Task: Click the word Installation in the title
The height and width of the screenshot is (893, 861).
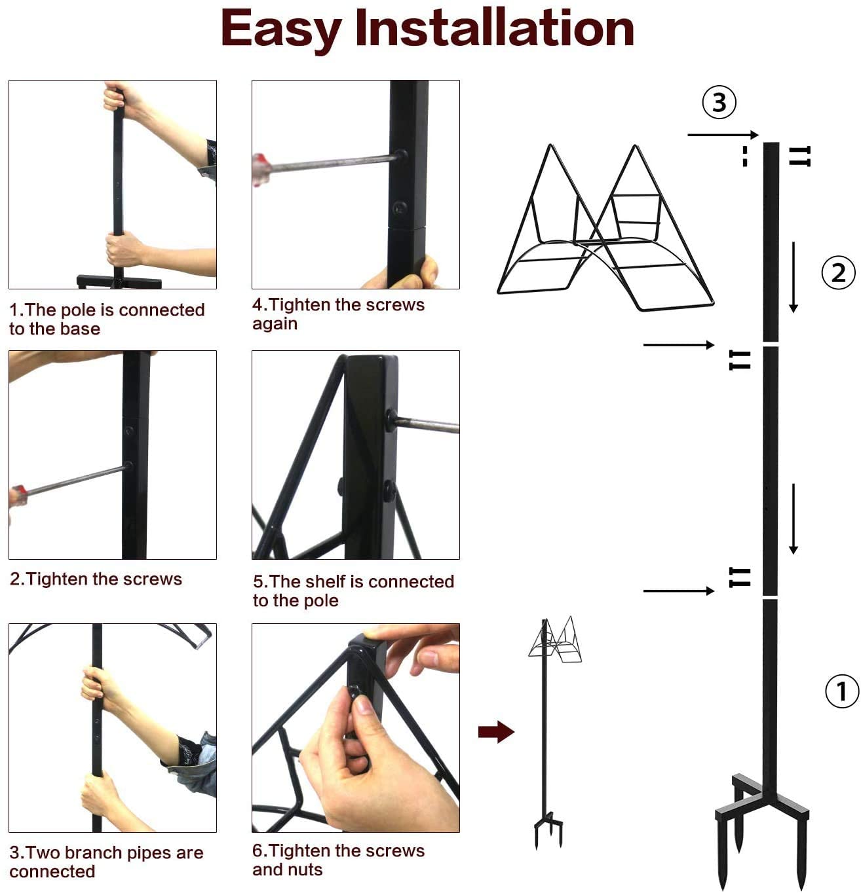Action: click(495, 28)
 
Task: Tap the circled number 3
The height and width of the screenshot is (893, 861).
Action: click(719, 103)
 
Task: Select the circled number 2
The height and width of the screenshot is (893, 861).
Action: click(838, 272)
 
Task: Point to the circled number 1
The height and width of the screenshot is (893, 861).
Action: click(841, 691)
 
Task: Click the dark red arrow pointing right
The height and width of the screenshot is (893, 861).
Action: click(496, 731)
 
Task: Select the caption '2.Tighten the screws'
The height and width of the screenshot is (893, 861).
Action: click(96, 579)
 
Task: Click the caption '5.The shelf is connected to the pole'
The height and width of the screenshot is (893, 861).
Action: click(353, 591)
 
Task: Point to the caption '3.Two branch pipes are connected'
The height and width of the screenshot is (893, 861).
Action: click(105, 862)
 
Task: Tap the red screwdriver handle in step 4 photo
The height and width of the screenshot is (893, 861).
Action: click(261, 168)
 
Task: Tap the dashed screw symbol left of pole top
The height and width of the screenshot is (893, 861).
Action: click(745, 156)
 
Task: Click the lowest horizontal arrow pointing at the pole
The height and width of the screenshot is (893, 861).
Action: click(678, 591)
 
